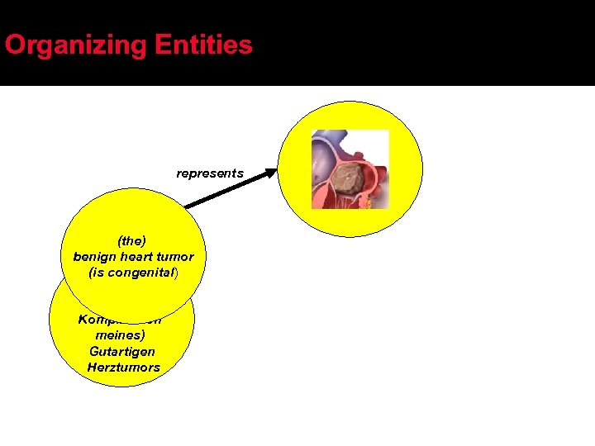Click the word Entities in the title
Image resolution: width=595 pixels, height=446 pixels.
coord(203,45)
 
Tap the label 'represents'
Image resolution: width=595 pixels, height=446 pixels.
coord(210,173)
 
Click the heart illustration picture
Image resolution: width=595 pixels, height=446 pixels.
coord(350,169)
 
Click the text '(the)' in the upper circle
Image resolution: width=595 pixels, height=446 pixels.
coord(132,241)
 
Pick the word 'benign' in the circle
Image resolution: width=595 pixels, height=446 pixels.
coord(93,257)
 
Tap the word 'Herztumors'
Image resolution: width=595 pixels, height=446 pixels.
coord(123,367)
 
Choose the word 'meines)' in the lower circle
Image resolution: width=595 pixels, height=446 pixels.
coord(121,336)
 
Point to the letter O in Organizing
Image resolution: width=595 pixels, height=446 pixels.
coord(15,45)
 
